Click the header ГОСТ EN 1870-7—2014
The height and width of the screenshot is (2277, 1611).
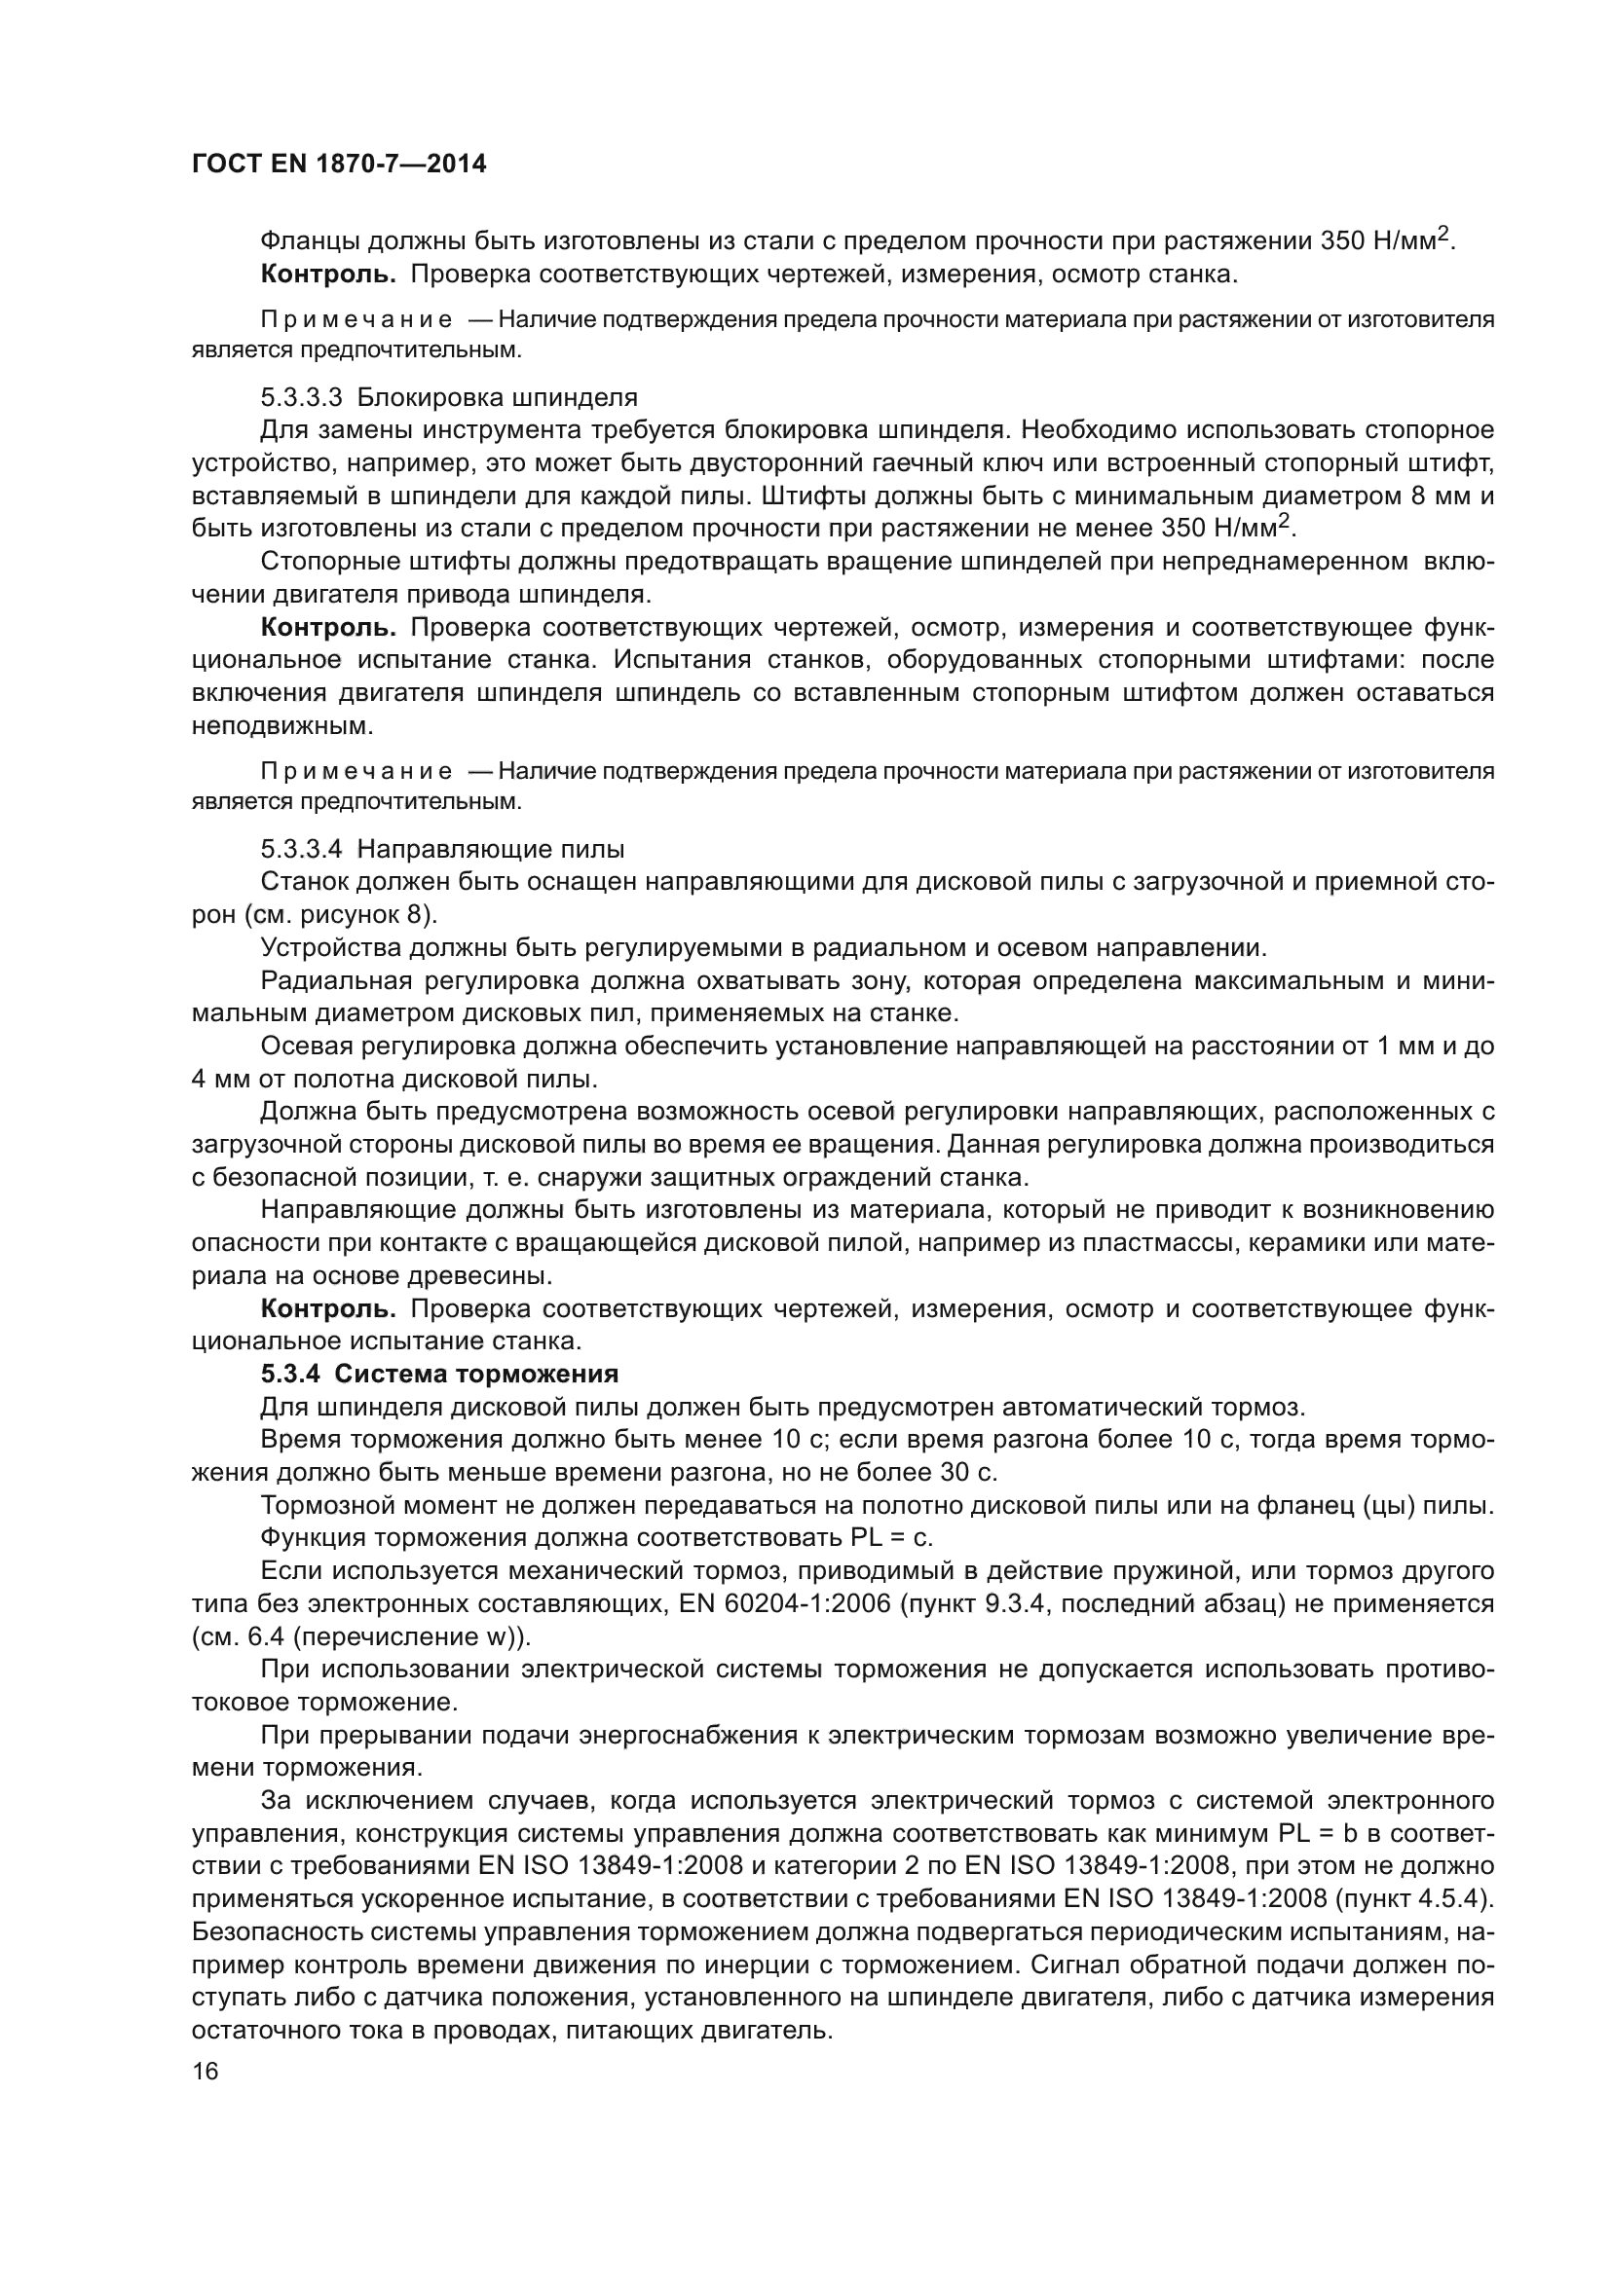pos(339,165)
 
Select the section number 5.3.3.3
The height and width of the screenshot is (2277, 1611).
pos(302,398)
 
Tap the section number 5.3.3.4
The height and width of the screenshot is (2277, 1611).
pos(302,849)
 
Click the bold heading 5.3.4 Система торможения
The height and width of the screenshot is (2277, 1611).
pos(439,1374)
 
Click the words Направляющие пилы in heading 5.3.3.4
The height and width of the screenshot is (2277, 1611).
pos(491,849)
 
